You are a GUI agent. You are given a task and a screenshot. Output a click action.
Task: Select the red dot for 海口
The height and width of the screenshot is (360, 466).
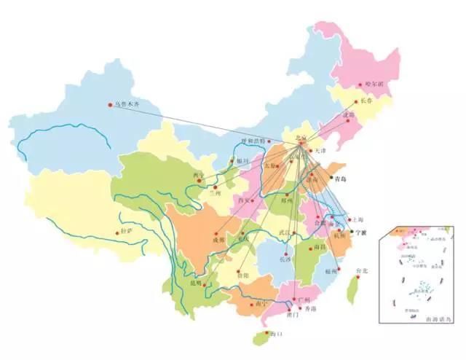(x=264, y=334)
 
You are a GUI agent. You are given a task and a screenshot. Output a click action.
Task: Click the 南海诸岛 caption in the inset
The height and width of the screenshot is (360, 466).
(x=435, y=318)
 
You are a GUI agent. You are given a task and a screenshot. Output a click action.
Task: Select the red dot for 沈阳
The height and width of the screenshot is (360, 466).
(x=349, y=122)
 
